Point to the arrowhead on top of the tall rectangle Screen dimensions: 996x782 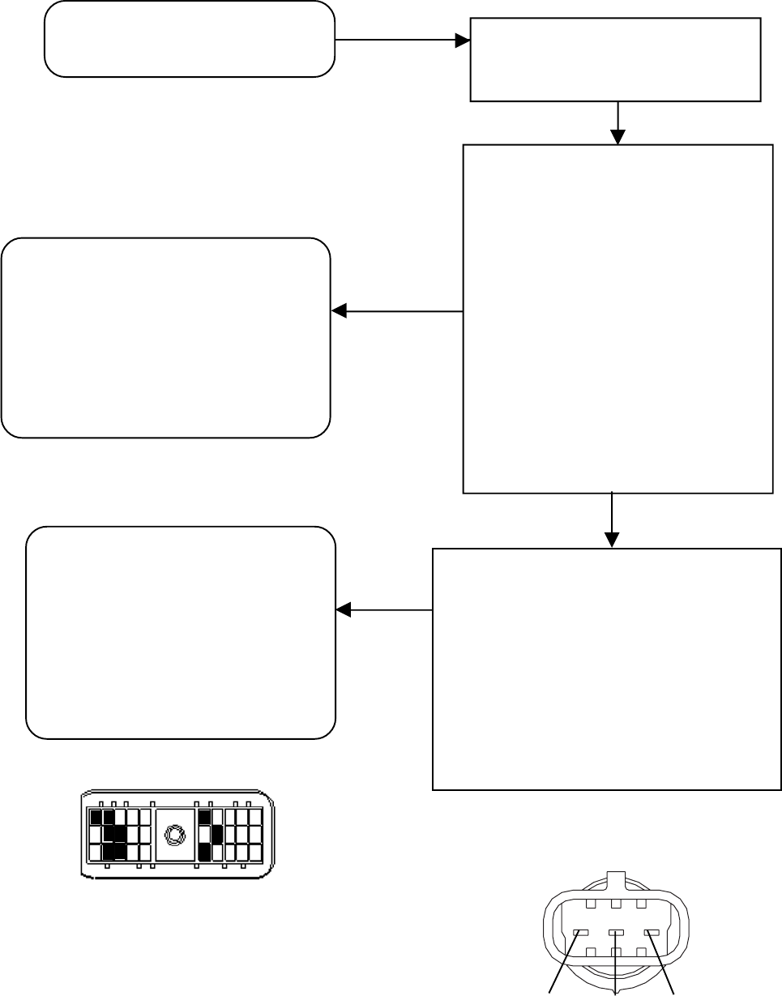pos(618,138)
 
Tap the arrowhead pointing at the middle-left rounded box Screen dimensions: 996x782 pos(339,310)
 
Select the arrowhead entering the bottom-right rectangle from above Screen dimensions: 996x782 pos(612,541)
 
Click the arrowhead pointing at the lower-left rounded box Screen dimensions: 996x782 pos(342,609)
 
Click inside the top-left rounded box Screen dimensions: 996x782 pos(190,39)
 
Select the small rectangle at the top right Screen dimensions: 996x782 pos(616,60)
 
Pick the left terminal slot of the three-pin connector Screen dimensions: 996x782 pos(580,933)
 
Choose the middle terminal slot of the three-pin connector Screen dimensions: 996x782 pos(616,933)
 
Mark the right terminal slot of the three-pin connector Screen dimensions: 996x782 pos(651,933)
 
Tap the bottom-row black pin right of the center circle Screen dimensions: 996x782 pos(204,852)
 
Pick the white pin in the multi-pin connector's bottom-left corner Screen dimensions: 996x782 pos(96,852)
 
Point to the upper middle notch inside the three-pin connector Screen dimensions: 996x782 pos(616,903)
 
